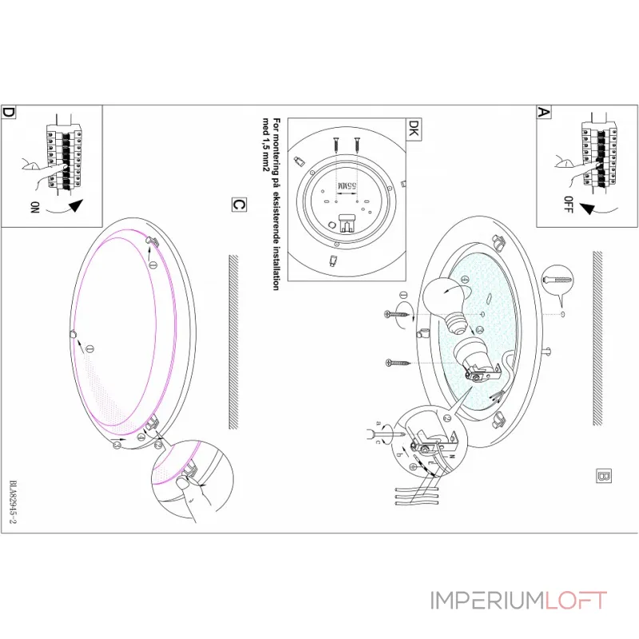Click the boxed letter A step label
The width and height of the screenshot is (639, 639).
tap(544, 113)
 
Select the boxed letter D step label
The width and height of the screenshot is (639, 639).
tap(9, 113)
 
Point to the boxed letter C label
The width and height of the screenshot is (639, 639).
tap(237, 204)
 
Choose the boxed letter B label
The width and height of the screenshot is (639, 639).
tap(603, 477)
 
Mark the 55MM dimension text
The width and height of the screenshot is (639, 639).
tap(347, 186)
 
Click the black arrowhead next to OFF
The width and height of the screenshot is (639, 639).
tap(589, 209)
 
